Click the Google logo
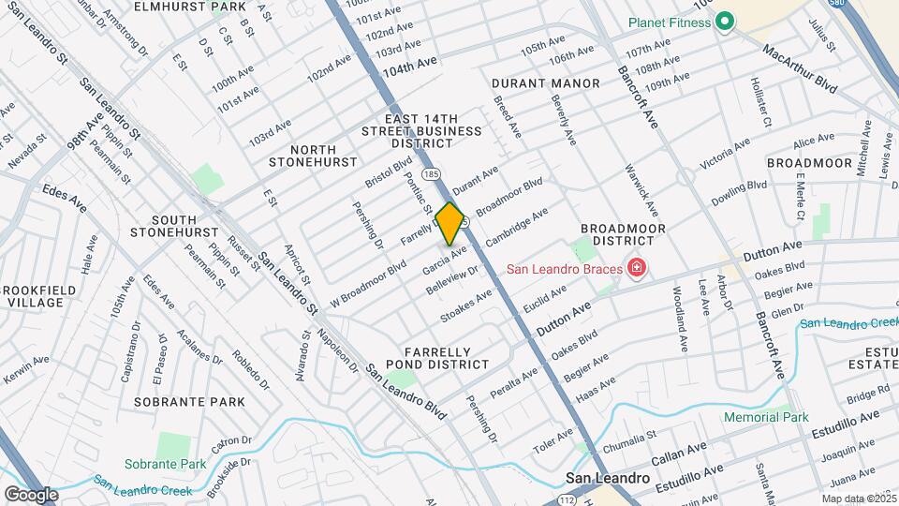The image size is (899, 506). (31, 494)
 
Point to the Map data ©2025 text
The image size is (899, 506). (859, 499)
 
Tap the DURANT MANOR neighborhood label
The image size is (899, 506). (545, 83)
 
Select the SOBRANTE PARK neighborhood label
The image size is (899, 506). (189, 402)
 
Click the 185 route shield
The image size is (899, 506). (431, 174)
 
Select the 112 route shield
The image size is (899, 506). (567, 499)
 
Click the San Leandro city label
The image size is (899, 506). (608, 478)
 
